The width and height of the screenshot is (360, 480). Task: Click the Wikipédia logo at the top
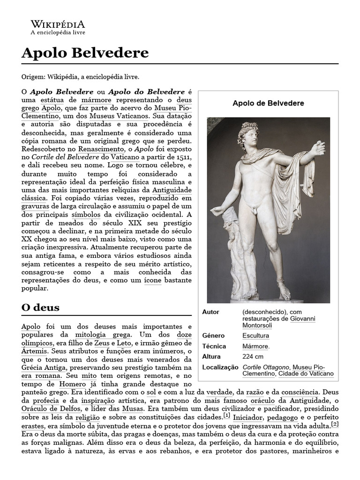click(58, 27)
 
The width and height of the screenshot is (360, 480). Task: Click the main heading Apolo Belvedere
click(85, 52)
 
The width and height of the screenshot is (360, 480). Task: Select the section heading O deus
click(40, 307)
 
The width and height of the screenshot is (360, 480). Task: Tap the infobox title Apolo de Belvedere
click(268, 103)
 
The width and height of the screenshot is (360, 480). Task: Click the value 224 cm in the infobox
click(253, 356)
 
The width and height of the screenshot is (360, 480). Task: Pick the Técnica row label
click(214, 346)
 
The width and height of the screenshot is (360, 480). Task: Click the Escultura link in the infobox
click(255, 336)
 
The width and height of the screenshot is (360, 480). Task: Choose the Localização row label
click(220, 367)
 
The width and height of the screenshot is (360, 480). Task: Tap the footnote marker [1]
click(227, 415)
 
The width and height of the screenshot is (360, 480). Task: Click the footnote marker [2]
click(335, 424)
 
